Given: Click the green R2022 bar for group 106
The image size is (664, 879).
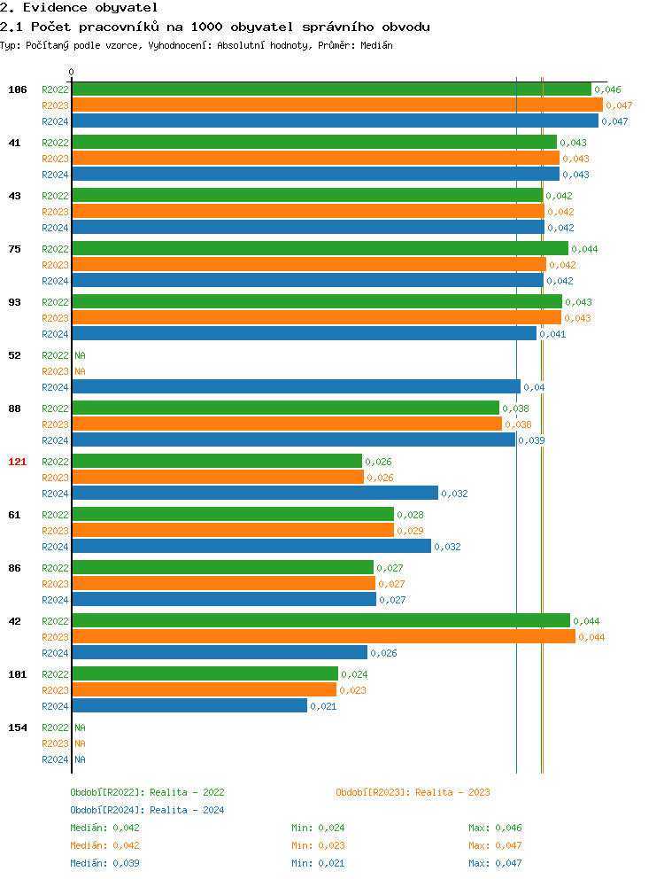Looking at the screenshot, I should coord(331,89).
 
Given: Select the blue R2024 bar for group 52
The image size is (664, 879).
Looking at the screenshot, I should coord(296,387).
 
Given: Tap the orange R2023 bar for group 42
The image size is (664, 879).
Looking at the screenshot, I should coord(323,637).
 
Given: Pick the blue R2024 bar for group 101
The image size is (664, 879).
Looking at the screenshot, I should coord(189,706).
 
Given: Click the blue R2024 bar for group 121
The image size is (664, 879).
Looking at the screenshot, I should coord(255,494).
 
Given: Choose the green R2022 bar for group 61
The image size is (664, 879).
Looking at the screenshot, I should coord(233,515).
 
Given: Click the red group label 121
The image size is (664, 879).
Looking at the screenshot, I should coord(18,462).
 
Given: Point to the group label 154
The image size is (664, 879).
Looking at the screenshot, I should coord(18,727).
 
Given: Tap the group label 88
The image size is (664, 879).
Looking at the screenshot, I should coord(15,408).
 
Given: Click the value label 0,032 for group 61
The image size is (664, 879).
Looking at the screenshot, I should coord(447,547).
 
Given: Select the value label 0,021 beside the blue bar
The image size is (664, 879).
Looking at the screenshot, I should coord(323,706).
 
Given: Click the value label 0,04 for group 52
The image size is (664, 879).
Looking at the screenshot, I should coord(534,387).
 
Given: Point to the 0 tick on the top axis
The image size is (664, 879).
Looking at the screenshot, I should coord(72,73).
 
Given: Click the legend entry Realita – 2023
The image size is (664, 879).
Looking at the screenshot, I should coord(413,792).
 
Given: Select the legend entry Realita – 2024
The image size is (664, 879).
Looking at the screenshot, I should coord(147,810).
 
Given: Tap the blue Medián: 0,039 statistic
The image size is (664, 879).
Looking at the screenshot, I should coord(104,863).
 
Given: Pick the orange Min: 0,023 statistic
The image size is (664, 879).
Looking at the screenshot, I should coord(318,845).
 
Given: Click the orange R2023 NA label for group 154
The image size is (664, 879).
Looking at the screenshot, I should coord(80,743).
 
